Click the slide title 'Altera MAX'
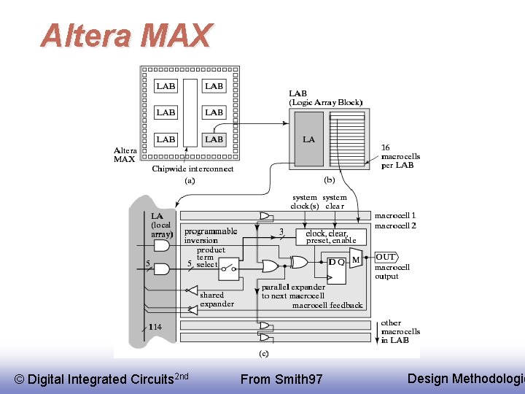[x=126, y=35]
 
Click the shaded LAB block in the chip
[x=214, y=139]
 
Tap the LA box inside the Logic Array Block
[x=308, y=139]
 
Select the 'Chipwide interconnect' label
[x=192, y=169]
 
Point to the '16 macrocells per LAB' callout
[x=397, y=156]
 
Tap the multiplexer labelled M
[x=356, y=258]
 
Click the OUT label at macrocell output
[x=386, y=257]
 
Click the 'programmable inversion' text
[x=211, y=236]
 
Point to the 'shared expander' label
[x=217, y=299]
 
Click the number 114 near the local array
[x=155, y=327]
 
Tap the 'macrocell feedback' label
[x=327, y=305]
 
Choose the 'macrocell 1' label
[x=394, y=215]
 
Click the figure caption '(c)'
[x=264, y=353]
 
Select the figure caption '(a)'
[x=189, y=179]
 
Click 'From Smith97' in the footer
[x=281, y=379]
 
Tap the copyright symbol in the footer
[x=19, y=379]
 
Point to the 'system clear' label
[x=335, y=201]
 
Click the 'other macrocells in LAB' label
[x=400, y=331]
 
